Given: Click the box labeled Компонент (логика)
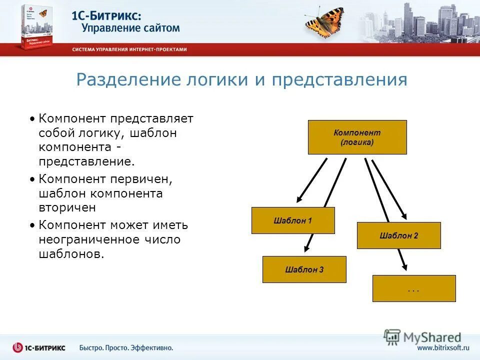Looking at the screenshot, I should coord(357,137).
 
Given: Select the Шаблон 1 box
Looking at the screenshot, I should coord(293,220).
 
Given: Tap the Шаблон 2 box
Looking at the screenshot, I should coord(398,235).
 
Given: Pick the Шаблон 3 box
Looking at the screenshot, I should coord(304,269).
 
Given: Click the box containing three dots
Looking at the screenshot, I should coord(413,288).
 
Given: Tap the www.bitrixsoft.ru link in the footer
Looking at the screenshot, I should coord(443,348).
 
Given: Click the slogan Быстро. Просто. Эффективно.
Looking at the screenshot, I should coord(126,347).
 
